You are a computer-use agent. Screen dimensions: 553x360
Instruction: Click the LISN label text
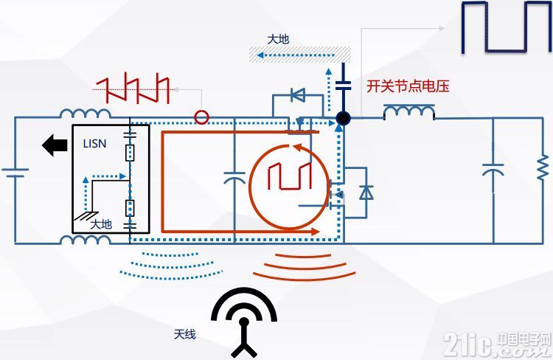(94, 144)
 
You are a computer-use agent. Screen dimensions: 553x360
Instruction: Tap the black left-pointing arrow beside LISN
(55, 145)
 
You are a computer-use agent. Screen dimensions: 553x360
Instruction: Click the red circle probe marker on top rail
(201, 117)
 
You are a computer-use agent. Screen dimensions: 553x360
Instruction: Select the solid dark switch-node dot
(343, 118)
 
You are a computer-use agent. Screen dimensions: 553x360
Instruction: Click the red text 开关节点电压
(408, 86)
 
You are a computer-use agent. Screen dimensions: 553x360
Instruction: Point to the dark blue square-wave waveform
(507, 27)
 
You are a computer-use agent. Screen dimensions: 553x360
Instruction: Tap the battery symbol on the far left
(15, 173)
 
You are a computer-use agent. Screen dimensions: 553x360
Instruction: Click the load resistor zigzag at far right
(543, 167)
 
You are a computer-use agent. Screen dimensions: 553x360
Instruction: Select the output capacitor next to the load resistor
(493, 170)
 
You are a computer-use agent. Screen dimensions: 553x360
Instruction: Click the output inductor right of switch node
(408, 112)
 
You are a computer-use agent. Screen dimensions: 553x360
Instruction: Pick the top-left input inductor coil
(86, 114)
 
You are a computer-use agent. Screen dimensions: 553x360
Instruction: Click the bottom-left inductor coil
(86, 240)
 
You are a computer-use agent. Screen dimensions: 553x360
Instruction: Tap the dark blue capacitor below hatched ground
(343, 85)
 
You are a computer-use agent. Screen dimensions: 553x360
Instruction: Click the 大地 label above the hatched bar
(278, 39)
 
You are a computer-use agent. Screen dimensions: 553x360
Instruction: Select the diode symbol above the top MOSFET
(298, 94)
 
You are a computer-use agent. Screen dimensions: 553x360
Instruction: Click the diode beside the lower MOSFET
(366, 193)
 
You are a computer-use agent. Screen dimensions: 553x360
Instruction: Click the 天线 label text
(184, 334)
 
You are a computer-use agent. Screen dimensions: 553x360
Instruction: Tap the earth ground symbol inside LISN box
(86, 215)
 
